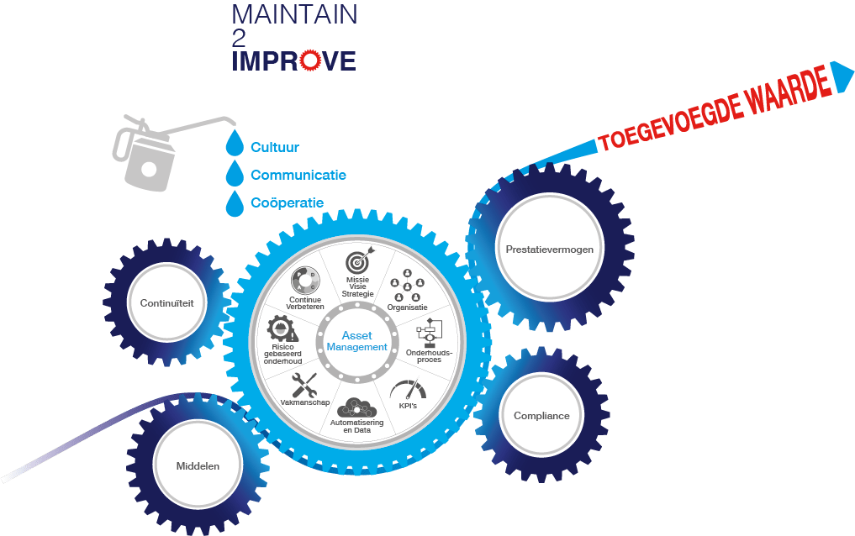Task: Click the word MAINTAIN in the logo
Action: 293,14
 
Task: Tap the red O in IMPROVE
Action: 310,60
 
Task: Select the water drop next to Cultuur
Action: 235,145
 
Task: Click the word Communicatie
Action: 298,176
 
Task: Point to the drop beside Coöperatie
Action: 235,202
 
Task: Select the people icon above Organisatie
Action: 408,284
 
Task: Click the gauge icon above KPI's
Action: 409,390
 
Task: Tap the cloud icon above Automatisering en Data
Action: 357,407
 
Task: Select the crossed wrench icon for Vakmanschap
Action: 303,386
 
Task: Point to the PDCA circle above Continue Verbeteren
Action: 303,280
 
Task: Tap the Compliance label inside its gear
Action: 541,415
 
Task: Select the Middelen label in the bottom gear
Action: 198,465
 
